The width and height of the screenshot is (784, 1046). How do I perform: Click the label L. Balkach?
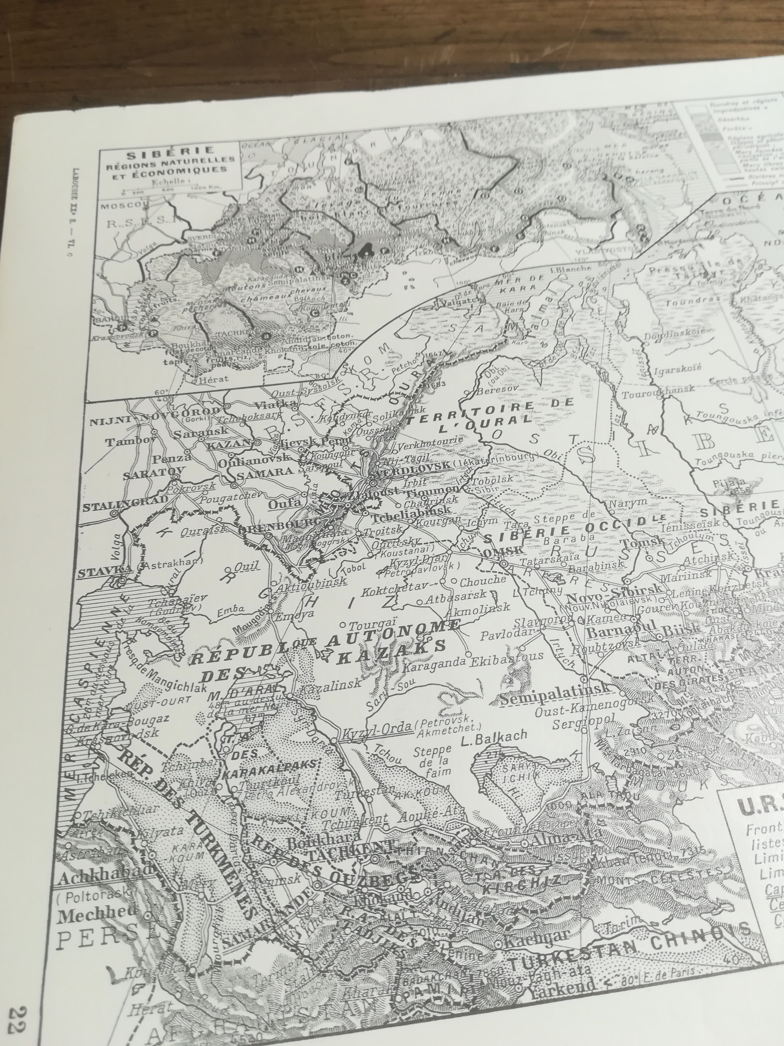(494, 736)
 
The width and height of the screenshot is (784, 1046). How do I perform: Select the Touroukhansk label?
(658, 391)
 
